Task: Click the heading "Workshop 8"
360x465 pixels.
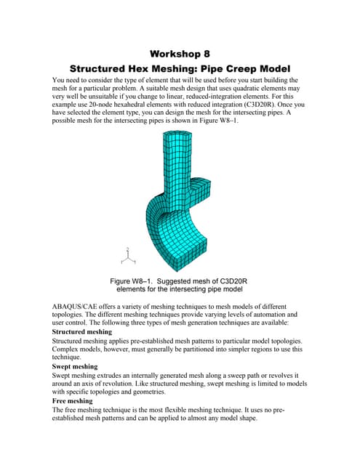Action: point(180,54)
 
